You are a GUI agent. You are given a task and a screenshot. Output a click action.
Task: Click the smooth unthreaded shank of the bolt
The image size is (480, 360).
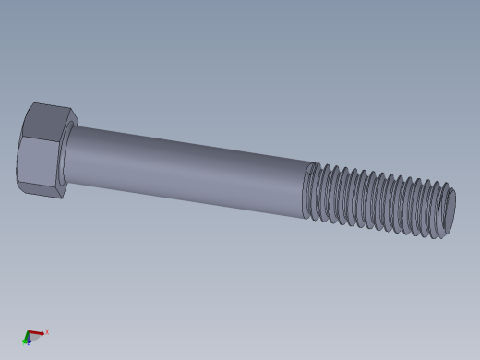point(185,171)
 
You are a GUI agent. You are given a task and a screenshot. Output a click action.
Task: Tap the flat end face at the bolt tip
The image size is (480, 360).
point(449,213)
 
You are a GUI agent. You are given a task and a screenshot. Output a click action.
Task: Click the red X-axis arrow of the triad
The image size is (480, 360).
point(37,332)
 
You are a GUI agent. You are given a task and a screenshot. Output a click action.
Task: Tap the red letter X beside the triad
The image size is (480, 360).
point(46,332)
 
